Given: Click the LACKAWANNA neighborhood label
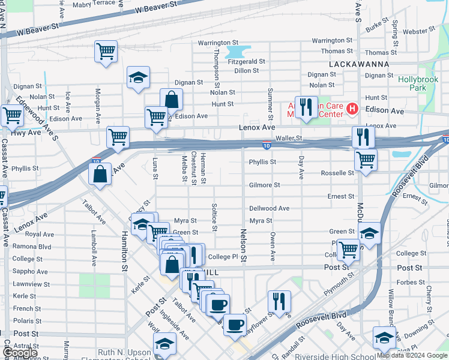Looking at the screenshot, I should tap(359, 64).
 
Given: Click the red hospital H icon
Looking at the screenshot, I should tap(352, 109).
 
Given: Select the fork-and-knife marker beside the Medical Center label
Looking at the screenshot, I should tap(306, 107).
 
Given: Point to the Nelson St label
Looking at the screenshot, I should tap(243, 246).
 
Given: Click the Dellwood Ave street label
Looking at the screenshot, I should tap(269, 208).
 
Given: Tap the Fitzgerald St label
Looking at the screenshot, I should tap(246, 61).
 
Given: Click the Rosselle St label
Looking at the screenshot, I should tap(337, 173).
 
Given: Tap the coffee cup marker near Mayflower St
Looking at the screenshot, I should tap(234, 325).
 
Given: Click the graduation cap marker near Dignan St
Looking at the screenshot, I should tap(138, 77).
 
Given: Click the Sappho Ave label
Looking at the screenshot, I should tap(26, 271).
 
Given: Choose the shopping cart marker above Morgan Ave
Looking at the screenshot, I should tap(106, 52).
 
